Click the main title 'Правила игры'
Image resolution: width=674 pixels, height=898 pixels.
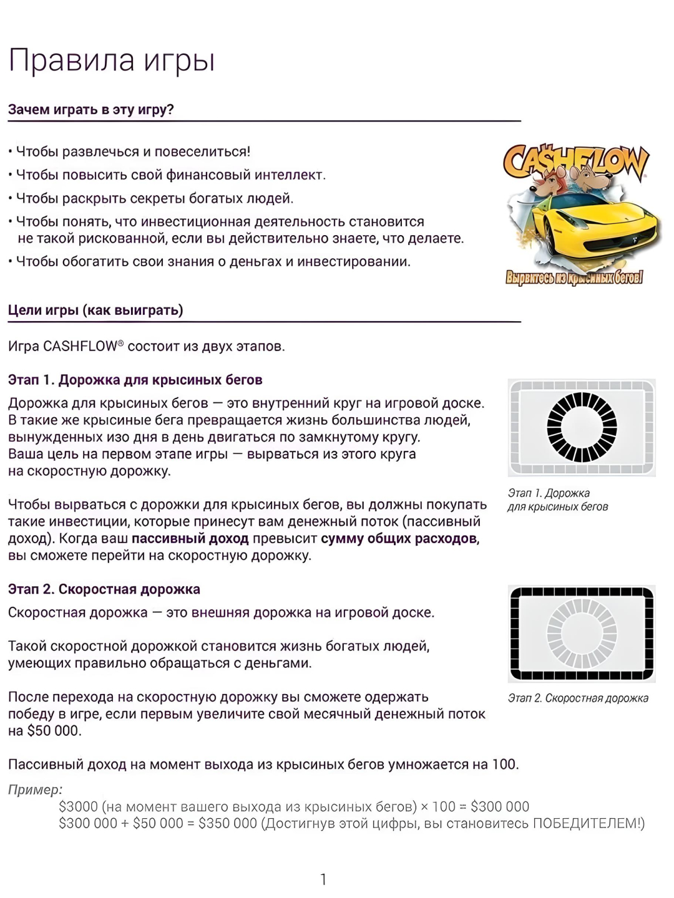coord(112,61)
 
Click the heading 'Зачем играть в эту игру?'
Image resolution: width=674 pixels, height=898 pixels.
coord(91,110)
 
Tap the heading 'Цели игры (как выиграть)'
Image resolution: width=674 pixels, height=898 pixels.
coord(95,310)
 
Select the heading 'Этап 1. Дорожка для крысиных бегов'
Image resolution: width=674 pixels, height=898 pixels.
coord(135,380)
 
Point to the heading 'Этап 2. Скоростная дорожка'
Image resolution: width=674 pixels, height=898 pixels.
coord(104,589)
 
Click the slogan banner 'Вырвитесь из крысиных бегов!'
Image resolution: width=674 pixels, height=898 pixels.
coord(574,278)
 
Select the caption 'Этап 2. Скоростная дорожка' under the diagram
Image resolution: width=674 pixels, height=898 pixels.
coord(578,698)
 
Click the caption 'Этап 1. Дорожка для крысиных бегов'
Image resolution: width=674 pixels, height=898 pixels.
coord(557,500)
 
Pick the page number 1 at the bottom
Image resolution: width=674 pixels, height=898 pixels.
coord(323,879)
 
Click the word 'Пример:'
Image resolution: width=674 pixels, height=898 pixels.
coord(35,789)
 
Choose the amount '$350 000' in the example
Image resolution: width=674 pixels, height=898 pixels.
coord(228,823)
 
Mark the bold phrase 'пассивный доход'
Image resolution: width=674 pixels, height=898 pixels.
coord(190,538)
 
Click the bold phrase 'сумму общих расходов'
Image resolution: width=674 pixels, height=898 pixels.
coord(399,538)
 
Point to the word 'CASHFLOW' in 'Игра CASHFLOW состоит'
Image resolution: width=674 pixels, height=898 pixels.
coord(81,346)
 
